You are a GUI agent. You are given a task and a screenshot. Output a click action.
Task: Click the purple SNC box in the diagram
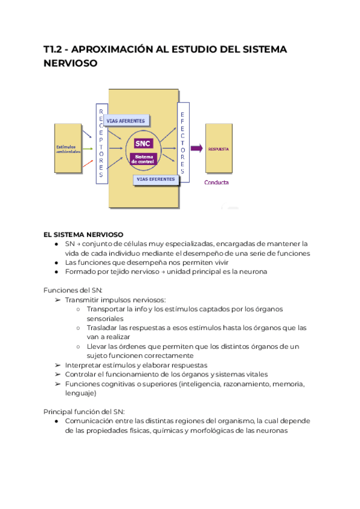tap(143, 144)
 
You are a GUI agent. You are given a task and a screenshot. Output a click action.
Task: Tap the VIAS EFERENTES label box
tap(155, 179)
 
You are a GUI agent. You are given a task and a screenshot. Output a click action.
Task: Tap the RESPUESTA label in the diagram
tap(218, 149)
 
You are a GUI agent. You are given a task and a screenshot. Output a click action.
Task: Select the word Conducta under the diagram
tap(217, 182)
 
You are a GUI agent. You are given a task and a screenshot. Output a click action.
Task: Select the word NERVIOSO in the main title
tap(70, 63)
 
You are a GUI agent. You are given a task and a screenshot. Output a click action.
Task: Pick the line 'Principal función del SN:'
tap(84, 411)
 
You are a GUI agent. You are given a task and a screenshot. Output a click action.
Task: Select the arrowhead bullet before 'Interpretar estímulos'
tap(58, 365)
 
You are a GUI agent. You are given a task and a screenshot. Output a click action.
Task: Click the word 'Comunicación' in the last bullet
tap(92, 421)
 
